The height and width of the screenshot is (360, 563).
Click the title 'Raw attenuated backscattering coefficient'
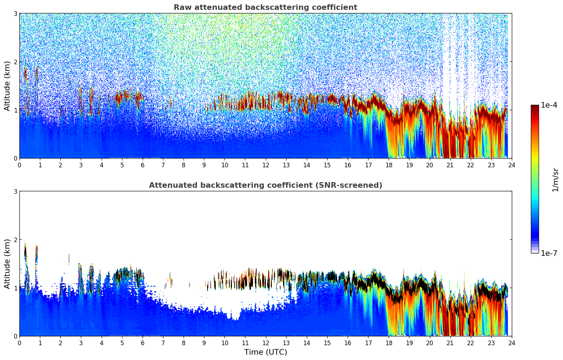(265, 7)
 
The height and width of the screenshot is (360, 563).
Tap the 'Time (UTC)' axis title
(265, 352)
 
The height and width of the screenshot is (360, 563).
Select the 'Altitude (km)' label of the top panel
(7, 86)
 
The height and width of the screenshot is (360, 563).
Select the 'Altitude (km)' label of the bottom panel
(7, 264)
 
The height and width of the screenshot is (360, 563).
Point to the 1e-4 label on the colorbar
(549, 105)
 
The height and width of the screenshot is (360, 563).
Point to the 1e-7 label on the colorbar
(549, 253)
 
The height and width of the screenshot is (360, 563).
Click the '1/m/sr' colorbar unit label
(555, 180)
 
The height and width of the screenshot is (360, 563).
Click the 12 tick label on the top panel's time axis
(265, 165)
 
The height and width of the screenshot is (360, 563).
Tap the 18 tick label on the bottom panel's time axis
(389, 343)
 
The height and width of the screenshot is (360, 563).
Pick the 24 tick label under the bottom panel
(511, 343)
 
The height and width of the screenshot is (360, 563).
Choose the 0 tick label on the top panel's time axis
(19, 165)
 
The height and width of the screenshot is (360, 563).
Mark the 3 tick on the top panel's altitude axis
(16, 13)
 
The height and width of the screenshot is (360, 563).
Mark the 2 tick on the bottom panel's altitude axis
(16, 240)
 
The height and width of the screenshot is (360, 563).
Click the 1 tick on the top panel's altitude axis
(16, 110)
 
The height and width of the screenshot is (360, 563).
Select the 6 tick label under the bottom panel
(143, 343)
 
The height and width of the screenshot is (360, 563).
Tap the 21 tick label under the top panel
(450, 165)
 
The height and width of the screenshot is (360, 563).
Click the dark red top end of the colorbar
(535, 107)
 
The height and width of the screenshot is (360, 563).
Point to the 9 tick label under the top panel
(204, 165)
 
